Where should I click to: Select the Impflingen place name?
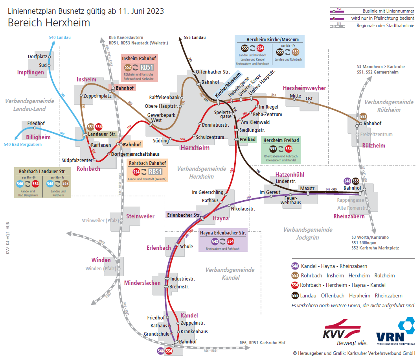[x=30, y=72]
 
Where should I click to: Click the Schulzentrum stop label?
[x=210, y=137]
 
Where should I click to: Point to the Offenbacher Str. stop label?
[x=213, y=72]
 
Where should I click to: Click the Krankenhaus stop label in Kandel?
[x=194, y=331]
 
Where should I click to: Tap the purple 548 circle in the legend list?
[x=295, y=266]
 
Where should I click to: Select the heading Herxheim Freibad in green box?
[x=281, y=140]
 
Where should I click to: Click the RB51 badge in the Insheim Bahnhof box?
[x=147, y=67]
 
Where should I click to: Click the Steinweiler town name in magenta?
[x=140, y=216]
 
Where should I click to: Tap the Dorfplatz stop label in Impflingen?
[x=37, y=57]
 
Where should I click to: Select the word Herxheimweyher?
[x=304, y=88]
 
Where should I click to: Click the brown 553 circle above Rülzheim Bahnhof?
[x=363, y=116]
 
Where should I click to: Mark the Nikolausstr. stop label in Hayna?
[x=243, y=209]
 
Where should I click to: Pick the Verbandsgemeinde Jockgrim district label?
[x=307, y=234]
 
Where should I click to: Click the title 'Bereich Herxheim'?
[x=49, y=23]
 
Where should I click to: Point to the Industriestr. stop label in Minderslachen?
[x=182, y=279]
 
